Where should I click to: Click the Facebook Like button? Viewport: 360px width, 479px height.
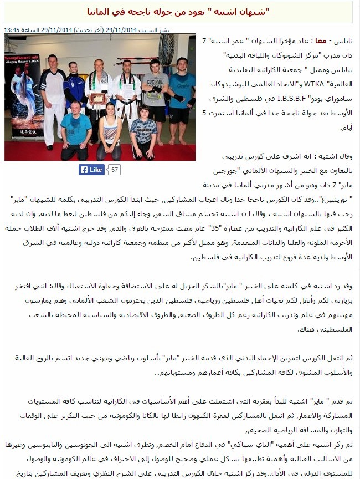pos(91,170)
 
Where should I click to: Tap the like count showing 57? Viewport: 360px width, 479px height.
pos(115,170)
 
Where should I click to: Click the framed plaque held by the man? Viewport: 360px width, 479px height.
pos(98,98)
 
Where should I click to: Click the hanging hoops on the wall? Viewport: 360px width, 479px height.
pos(166,49)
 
